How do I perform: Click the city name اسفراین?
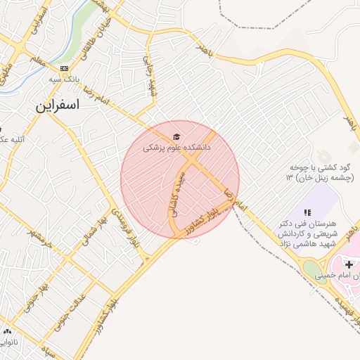point(58,106)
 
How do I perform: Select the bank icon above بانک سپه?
point(65,68)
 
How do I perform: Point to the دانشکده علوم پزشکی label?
point(176,148)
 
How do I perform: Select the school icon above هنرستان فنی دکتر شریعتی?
point(307,212)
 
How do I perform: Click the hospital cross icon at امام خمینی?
point(349,264)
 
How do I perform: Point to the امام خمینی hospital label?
point(338,276)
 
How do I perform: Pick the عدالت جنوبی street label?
point(71,310)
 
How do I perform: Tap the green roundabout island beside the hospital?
point(311,268)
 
